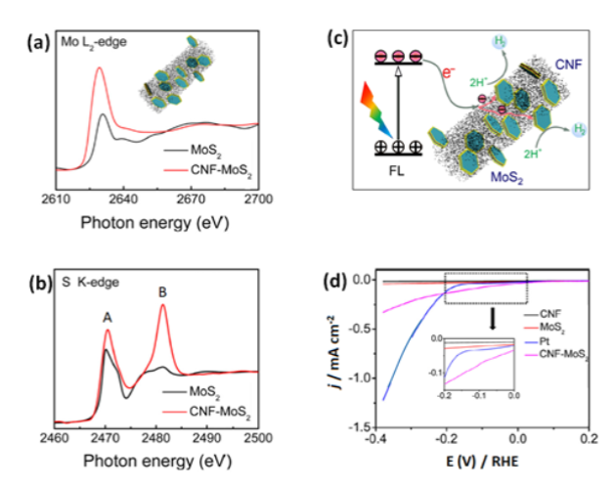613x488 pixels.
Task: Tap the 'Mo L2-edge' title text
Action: click(102, 42)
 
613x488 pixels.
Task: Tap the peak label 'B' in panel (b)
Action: click(161, 290)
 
